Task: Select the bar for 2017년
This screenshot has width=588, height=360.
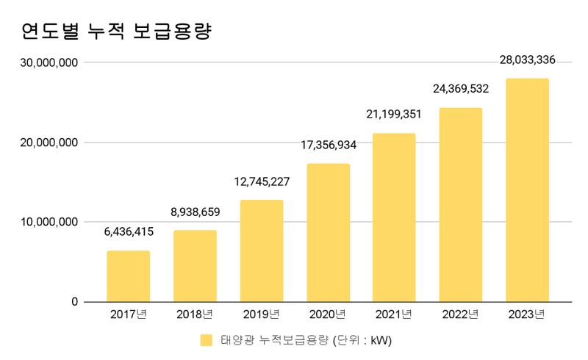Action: click(x=129, y=276)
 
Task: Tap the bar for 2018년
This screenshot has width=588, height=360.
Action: click(x=195, y=266)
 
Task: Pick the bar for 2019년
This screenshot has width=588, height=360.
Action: click(x=262, y=251)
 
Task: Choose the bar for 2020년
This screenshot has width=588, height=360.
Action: click(x=328, y=232)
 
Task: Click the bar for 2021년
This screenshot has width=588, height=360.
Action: click(x=394, y=217)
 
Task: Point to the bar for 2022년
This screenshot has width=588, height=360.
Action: click(x=461, y=205)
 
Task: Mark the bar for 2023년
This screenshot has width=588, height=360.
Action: click(x=527, y=190)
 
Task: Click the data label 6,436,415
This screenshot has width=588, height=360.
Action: click(x=129, y=232)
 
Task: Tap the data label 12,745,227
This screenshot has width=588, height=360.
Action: click(x=262, y=181)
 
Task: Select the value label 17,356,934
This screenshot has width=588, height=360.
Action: click(x=328, y=145)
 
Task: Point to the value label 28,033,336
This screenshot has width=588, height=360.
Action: click(x=527, y=60)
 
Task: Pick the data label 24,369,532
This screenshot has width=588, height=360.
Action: click(x=461, y=90)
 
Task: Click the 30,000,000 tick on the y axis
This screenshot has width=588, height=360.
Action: click(x=50, y=63)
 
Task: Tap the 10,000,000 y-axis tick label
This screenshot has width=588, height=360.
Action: click(x=50, y=222)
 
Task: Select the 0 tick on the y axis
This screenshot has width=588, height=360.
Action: click(x=74, y=302)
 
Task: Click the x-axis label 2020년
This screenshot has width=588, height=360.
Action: click(x=328, y=315)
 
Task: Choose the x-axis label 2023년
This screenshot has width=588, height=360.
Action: click(x=527, y=315)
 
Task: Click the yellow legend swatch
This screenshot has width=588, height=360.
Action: click(x=207, y=340)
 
